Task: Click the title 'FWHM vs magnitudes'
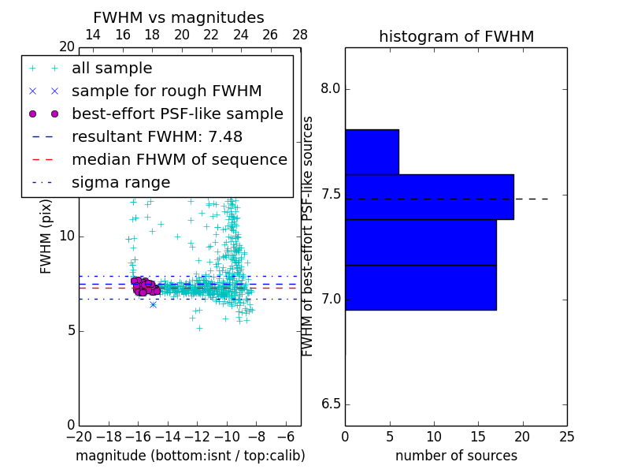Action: tap(179, 17)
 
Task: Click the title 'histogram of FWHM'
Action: tap(456, 36)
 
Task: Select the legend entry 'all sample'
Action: tap(112, 69)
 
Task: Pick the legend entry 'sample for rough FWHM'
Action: tap(166, 91)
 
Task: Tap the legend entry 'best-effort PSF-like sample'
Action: tap(177, 114)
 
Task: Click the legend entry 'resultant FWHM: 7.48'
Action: tap(157, 137)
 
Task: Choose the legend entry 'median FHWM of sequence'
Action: tap(179, 160)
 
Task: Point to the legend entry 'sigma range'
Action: tap(120, 183)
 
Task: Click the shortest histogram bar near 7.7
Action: tap(372, 151)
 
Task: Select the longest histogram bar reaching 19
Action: tap(429, 196)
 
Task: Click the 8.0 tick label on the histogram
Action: tap(330, 88)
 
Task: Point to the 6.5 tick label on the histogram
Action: tap(330, 404)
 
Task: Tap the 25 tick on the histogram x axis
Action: tap(566, 436)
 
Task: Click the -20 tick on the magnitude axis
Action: tap(79, 436)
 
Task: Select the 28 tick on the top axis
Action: tap(300, 35)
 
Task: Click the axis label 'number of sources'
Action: tap(456, 456)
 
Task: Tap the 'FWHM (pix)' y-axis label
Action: tap(46, 236)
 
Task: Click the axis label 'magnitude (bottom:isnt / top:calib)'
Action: tap(190, 456)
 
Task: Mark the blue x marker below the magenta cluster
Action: tap(153, 304)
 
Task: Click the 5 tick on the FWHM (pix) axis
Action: tap(69, 330)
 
